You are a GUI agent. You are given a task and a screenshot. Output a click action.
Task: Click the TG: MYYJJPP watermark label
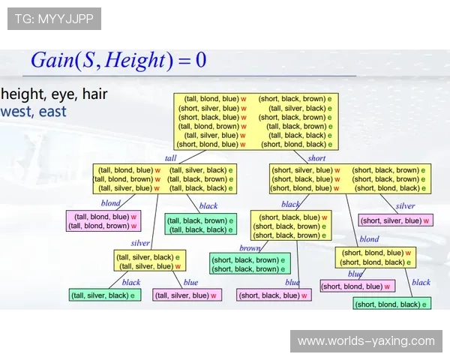pyautogui.click(x=54, y=19)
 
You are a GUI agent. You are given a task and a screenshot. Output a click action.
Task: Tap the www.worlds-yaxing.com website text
pyautogui.click(x=366, y=341)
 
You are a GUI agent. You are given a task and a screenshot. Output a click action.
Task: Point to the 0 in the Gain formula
pyautogui.click(x=201, y=60)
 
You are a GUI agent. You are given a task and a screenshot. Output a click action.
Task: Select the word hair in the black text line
pyautogui.click(x=95, y=94)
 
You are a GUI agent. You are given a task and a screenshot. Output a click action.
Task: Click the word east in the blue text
pyautogui.click(x=52, y=112)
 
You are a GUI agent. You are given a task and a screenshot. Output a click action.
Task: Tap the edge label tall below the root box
pyautogui.click(x=170, y=158)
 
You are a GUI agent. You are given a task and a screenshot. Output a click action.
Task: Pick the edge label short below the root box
pyautogui.click(x=316, y=158)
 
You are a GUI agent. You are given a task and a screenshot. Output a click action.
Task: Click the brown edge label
pyautogui.click(x=250, y=248)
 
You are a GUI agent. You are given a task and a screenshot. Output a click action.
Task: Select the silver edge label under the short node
pyautogui.click(x=405, y=205)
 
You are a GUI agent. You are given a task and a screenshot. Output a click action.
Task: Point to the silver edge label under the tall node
pyautogui.click(x=140, y=243)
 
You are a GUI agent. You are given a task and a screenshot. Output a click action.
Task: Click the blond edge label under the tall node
pyautogui.click(x=110, y=203)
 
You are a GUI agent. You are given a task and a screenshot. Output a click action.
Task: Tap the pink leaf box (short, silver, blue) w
pyautogui.click(x=396, y=220)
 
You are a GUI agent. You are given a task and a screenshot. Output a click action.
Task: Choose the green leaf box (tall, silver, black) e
pyautogui.click(x=105, y=295)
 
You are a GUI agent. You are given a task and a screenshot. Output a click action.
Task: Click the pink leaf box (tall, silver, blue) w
pyautogui.click(x=187, y=295)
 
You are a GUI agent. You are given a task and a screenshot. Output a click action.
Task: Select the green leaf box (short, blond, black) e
pyautogui.click(x=392, y=304)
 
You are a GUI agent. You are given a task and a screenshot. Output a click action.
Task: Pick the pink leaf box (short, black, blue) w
pyautogui.click(x=274, y=295)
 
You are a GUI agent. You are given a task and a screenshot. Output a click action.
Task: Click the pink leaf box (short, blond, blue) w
pyautogui.click(x=358, y=286)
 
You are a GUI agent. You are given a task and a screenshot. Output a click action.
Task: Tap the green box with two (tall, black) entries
pyautogui.click(x=200, y=224)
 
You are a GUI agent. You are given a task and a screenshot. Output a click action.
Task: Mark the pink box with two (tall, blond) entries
pyautogui.click(x=103, y=220)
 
